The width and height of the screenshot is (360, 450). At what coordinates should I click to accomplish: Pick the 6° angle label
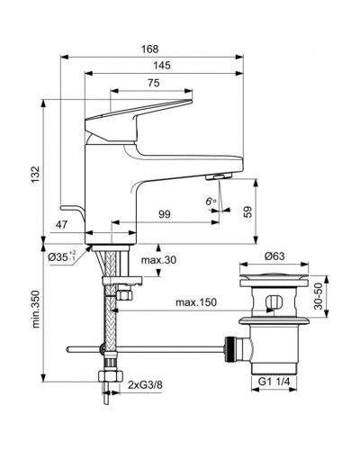[x=211, y=202]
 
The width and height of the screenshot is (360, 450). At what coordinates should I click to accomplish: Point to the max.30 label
[x=158, y=261]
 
